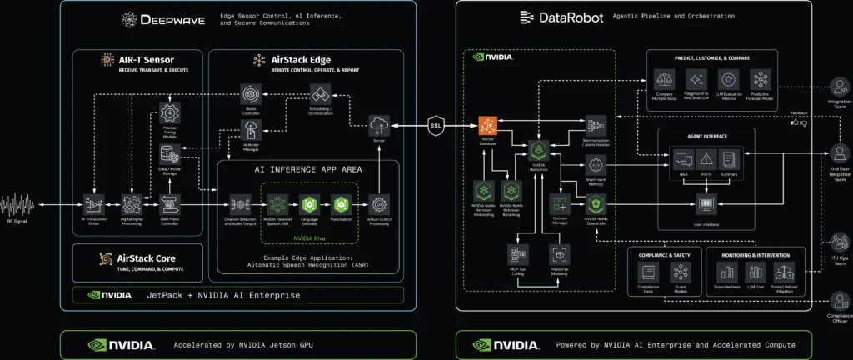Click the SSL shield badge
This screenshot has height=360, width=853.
436,126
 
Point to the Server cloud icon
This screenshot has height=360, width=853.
379,125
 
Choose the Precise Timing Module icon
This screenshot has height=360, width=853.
170,112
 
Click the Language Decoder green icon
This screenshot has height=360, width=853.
308,203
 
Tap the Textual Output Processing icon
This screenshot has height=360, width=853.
379,203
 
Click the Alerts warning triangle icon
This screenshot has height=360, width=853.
705,157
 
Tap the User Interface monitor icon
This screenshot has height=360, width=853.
705,202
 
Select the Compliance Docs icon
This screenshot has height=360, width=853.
647,272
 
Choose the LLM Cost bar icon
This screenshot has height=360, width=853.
756,272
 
